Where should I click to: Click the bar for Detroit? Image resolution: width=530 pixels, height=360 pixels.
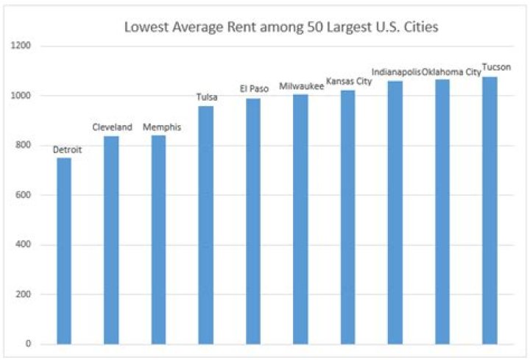click(64, 250)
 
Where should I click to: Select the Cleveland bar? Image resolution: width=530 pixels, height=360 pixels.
click(111, 239)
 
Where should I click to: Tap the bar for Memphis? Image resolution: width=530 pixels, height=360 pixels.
click(158, 239)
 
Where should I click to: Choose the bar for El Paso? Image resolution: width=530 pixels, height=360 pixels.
click(252, 221)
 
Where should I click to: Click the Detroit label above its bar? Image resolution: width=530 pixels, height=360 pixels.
click(68, 150)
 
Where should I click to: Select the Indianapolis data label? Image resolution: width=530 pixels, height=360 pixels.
click(396, 72)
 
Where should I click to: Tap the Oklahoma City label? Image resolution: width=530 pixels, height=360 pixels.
click(446, 72)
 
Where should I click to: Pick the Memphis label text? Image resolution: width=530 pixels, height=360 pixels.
click(161, 127)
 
